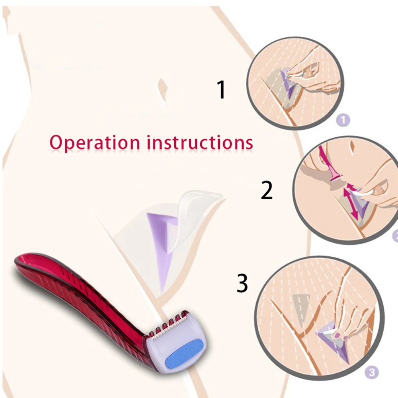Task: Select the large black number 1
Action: tap(221, 90)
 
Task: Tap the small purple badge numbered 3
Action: tap(371, 373)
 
